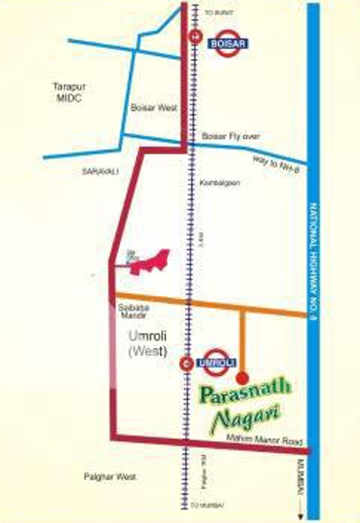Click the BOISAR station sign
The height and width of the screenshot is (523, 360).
click(x=228, y=43)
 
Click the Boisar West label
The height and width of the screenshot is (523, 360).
click(x=149, y=107)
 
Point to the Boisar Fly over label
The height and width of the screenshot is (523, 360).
click(x=225, y=135)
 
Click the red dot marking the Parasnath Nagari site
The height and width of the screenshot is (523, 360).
click(x=242, y=376)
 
